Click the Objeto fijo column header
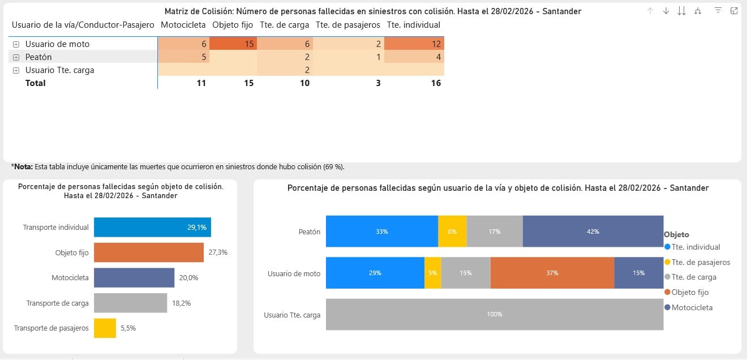233,25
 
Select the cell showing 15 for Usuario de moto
233,44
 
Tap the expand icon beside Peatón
16,57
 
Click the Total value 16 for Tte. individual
435,83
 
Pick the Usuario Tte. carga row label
59,70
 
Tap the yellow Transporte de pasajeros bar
105,328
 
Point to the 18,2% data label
181,303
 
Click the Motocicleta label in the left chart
70,277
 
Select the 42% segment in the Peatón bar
593,232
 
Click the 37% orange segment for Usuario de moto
552,273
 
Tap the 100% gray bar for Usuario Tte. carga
494,314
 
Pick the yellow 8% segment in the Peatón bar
452,232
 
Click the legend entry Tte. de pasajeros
701,262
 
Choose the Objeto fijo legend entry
690,292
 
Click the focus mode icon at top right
733,11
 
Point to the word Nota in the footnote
23,167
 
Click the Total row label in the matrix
35,83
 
